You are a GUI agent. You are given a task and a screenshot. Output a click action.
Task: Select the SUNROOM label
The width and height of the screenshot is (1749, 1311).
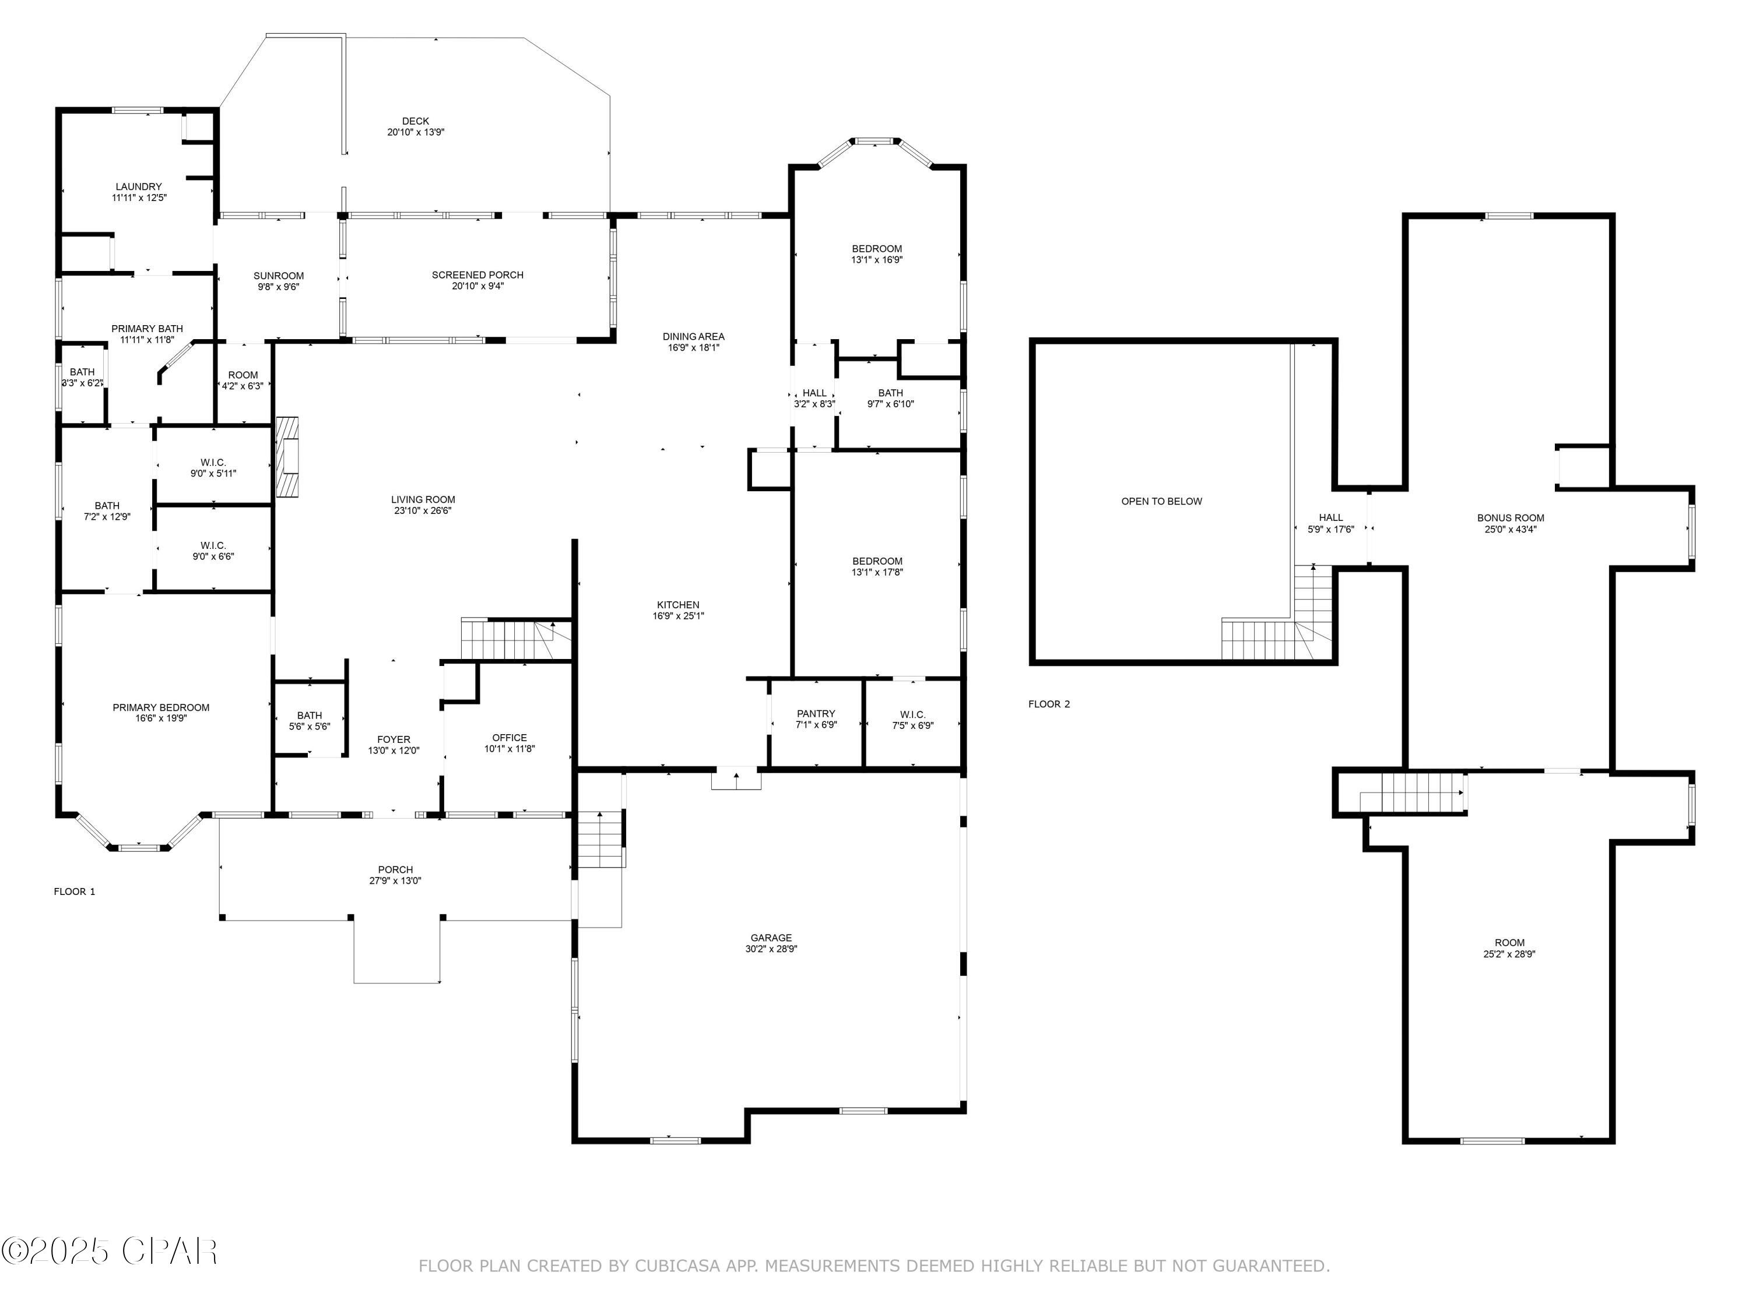[278, 276]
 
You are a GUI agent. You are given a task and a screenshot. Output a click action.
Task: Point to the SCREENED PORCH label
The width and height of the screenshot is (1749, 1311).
[477, 275]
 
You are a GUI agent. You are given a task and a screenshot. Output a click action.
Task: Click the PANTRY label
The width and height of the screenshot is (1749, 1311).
[816, 714]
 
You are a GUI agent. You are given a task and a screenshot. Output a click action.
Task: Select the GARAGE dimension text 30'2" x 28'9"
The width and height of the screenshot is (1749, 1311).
[771, 949]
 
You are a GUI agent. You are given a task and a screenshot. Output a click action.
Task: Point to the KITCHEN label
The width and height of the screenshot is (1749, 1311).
[677, 605]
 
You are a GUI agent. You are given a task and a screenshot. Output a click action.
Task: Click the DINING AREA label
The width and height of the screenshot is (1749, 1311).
[693, 337]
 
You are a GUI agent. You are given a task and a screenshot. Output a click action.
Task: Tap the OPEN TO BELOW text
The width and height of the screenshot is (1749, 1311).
[1161, 501]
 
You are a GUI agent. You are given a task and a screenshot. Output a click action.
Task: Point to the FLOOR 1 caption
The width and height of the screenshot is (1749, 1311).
[74, 891]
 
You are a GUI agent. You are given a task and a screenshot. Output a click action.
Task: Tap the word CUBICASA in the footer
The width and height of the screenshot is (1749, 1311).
[677, 1266]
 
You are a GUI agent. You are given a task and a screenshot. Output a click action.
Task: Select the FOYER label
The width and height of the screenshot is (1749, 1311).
[394, 739]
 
